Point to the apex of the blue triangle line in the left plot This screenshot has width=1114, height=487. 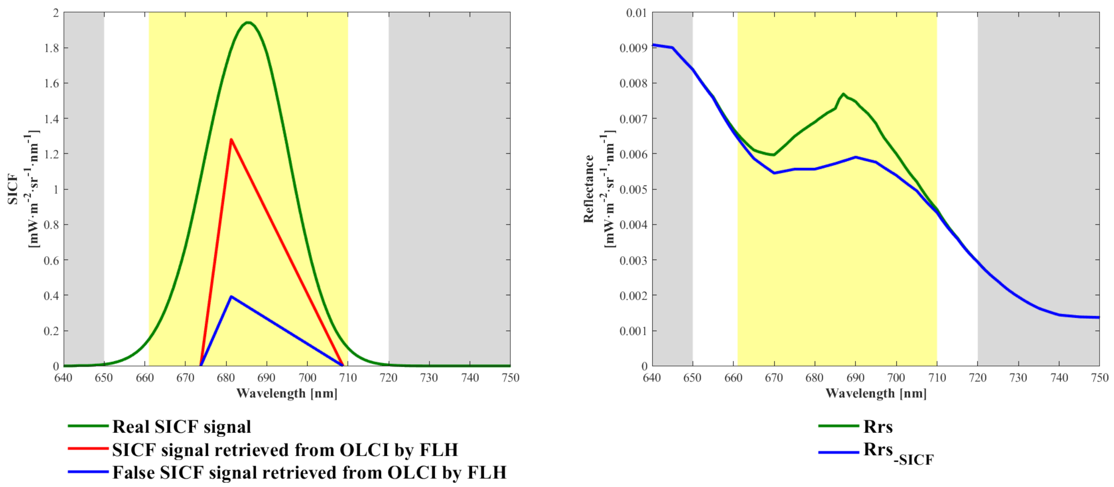(x=231, y=297)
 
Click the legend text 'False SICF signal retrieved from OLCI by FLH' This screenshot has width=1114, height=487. (x=309, y=472)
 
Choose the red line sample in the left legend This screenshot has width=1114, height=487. (x=88, y=449)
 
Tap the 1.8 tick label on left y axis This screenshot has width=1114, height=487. (x=51, y=48)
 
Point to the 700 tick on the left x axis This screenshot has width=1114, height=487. (x=307, y=378)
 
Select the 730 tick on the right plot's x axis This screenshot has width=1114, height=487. (x=1018, y=378)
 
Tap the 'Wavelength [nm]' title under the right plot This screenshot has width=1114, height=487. (x=876, y=393)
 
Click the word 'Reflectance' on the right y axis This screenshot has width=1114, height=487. (x=589, y=189)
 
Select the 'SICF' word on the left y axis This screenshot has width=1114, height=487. (x=13, y=189)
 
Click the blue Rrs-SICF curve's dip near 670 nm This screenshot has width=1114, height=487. (x=774, y=173)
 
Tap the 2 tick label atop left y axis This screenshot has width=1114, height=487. (x=55, y=13)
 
